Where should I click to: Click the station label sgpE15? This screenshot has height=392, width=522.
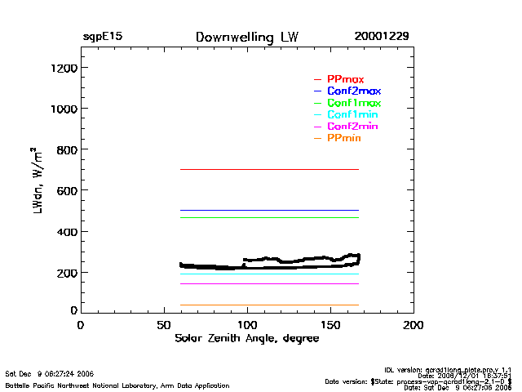point(103,38)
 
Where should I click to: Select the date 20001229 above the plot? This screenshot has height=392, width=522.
point(382,38)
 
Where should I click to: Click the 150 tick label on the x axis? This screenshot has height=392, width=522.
point(330,325)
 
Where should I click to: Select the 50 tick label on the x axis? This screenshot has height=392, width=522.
point(163,325)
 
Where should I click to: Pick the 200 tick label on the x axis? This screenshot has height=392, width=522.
point(414,325)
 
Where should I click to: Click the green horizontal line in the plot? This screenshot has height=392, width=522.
point(269,217)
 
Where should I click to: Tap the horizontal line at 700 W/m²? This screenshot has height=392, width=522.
point(269,169)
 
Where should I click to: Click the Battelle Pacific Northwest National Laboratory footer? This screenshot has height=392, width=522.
point(118,384)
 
